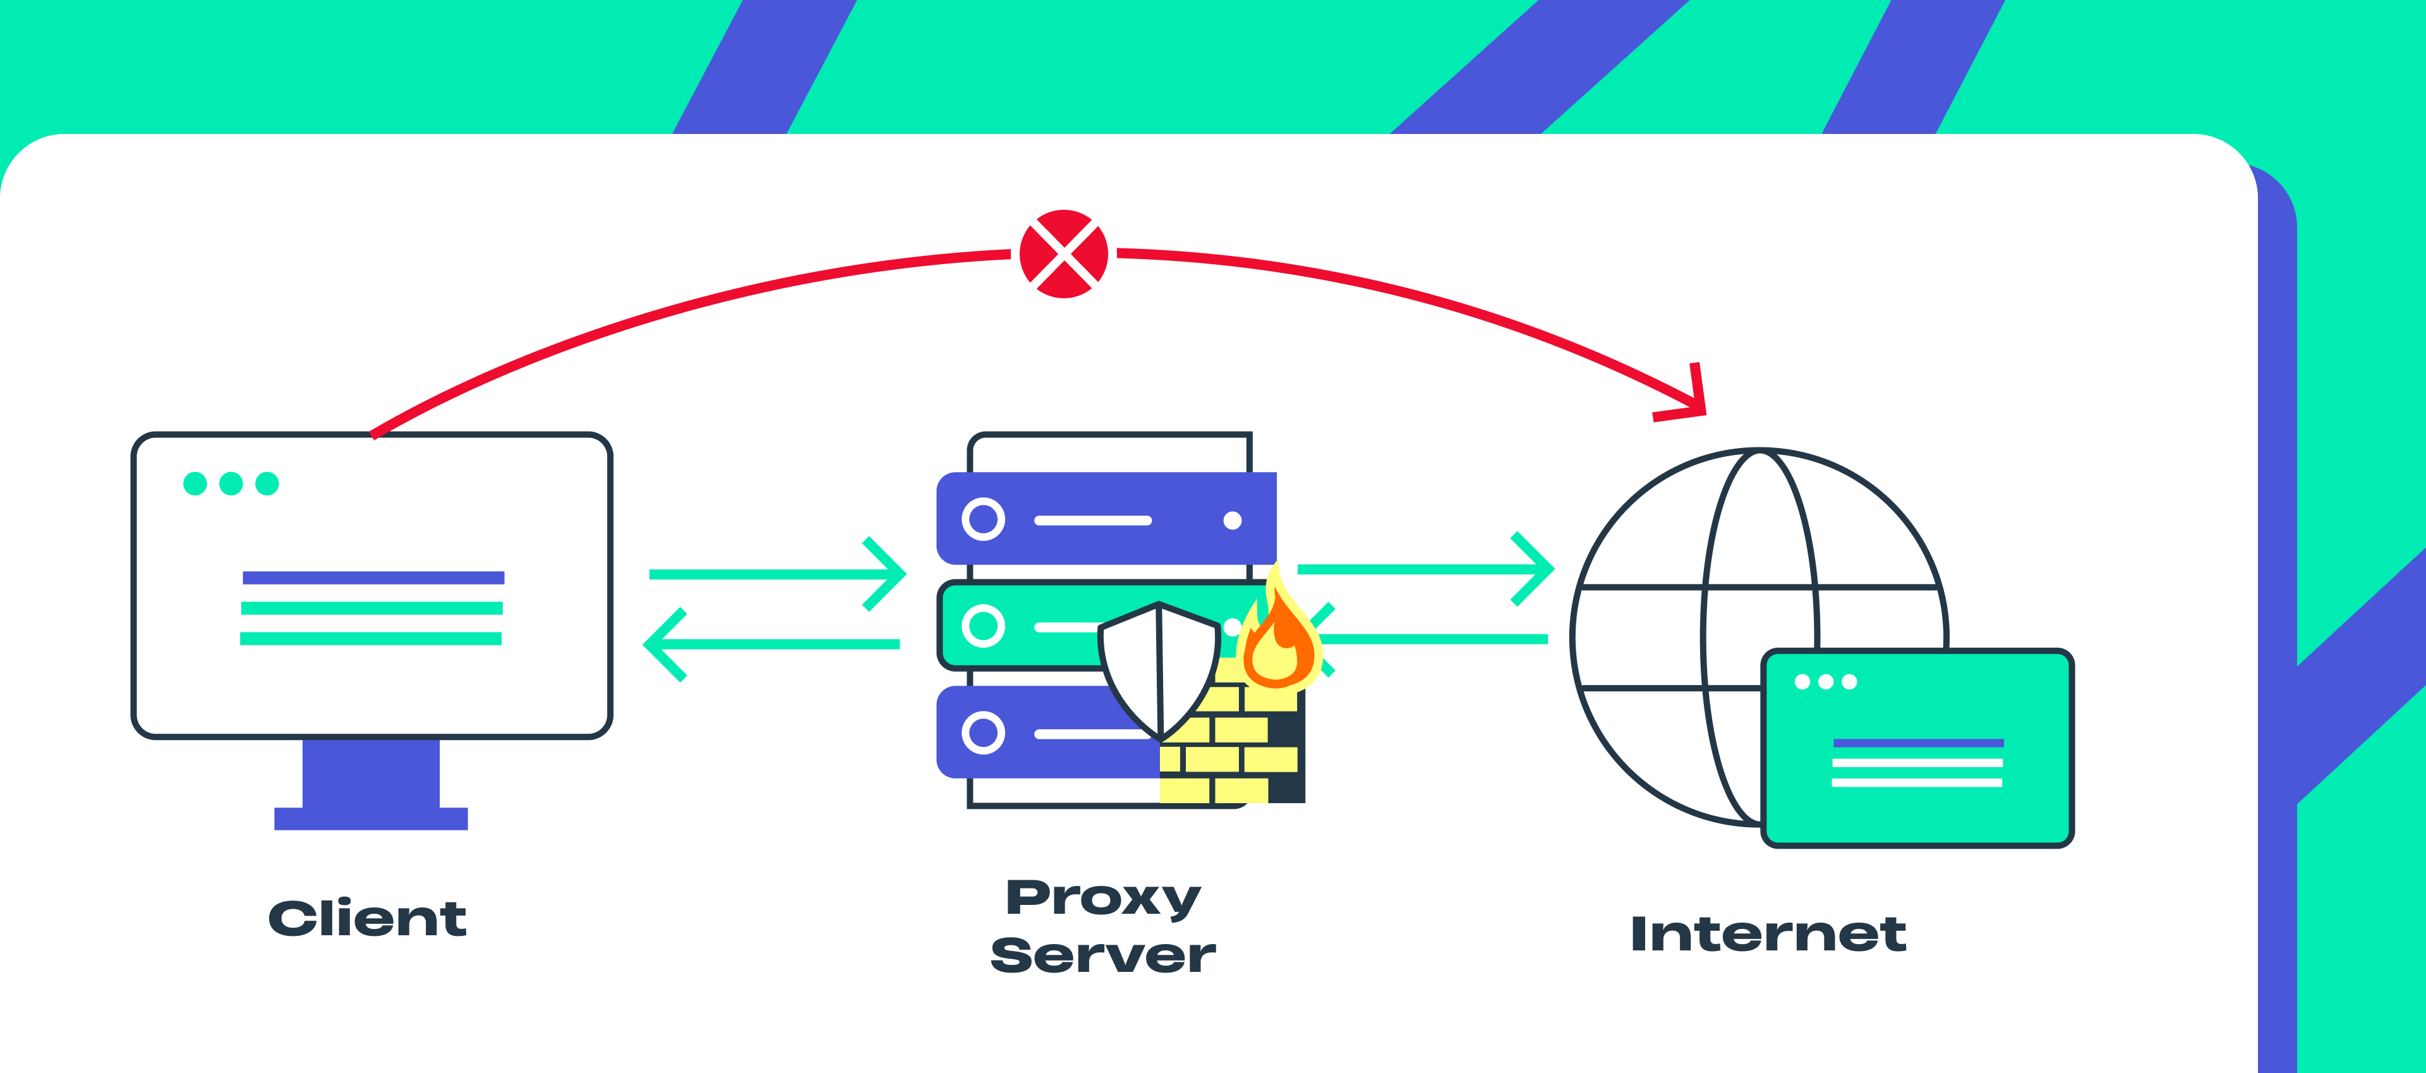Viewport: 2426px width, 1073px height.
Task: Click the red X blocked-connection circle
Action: coord(1063,253)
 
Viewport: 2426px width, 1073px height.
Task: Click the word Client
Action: coord(367,919)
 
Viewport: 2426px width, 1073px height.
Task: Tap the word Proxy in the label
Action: coord(1103,898)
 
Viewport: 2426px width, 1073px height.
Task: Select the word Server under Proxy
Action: coord(1103,955)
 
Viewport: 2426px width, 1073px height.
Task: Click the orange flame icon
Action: coord(1279,641)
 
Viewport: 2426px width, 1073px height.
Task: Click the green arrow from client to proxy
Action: coord(777,574)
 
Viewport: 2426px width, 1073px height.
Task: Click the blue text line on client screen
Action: coord(373,578)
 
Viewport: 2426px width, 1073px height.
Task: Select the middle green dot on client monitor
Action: coord(231,483)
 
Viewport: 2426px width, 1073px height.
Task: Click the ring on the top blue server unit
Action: coord(983,519)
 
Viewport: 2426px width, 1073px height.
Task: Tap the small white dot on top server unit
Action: coord(1232,521)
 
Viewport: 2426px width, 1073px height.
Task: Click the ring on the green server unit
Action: coord(983,626)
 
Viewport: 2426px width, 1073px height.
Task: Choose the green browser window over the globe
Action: coord(1917,749)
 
